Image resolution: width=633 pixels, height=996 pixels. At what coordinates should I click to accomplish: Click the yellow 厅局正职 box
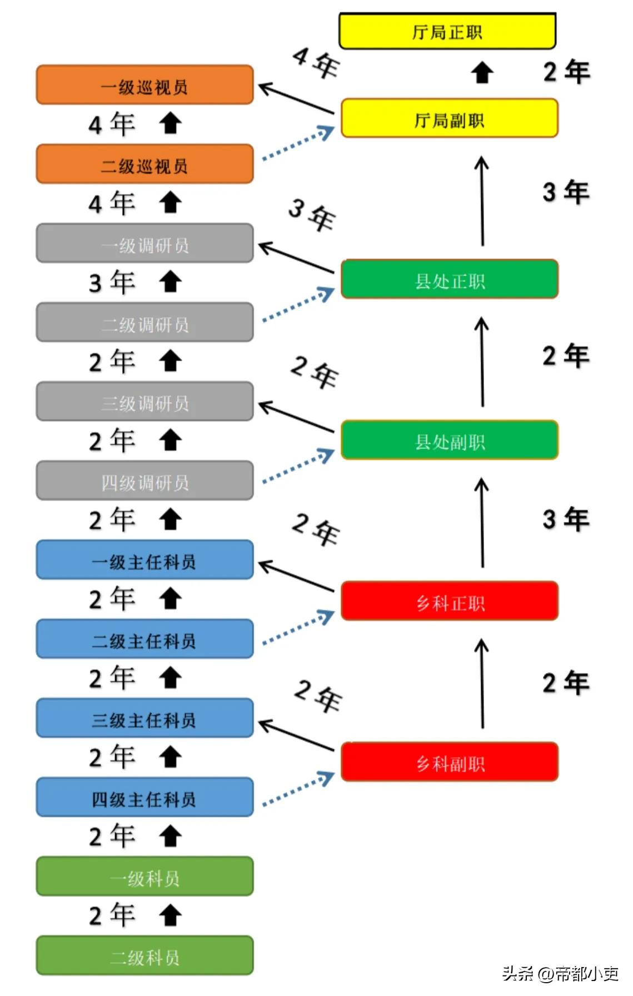coord(447,31)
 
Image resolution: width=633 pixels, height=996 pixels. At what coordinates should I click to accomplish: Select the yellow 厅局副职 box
coord(449,118)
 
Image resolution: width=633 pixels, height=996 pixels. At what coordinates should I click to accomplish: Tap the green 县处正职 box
coord(449,279)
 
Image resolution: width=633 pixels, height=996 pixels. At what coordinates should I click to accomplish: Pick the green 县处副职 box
coord(449,440)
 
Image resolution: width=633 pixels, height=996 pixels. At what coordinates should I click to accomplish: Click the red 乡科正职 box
coord(449,601)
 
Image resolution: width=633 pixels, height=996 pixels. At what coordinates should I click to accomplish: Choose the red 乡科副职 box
coord(449,762)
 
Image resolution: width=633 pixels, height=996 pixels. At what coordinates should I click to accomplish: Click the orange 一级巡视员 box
coord(144,85)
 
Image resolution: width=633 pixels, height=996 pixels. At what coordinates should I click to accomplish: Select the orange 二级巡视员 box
coord(144,164)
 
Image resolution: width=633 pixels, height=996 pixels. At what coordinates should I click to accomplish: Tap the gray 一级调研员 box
coord(144,244)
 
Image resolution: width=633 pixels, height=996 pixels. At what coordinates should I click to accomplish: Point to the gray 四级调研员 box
coord(144,481)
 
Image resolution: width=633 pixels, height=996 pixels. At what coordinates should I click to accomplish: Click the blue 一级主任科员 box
coord(144,560)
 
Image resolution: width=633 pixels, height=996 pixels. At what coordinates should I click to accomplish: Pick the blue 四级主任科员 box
coord(144,798)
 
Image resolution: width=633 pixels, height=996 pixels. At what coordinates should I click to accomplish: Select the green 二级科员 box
coord(144,956)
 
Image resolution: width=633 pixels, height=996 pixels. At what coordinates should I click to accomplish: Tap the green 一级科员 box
coord(144,877)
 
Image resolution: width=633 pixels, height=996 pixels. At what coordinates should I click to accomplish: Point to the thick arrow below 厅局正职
coord(482,73)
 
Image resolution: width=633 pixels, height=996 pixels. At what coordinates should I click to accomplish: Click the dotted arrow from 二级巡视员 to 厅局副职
coord(298,144)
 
